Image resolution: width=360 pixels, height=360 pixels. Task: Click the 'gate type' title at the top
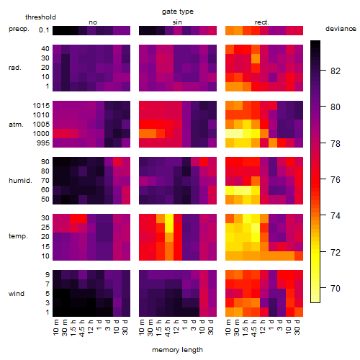point(178,12)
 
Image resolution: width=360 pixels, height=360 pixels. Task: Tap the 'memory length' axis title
point(177,350)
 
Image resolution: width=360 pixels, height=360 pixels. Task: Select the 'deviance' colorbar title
point(341,29)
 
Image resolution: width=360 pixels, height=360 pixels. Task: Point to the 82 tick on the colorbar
point(323,71)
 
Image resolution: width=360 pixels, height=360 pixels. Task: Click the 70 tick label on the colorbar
point(336,288)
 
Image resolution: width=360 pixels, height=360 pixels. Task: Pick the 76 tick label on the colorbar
point(336,179)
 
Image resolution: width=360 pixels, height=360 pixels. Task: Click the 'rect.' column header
point(262,22)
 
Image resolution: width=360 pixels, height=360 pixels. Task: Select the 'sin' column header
point(177,22)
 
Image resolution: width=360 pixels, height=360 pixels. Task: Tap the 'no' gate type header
point(93,22)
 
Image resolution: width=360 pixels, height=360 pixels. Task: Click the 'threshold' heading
point(40,17)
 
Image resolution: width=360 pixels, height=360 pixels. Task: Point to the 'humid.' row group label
point(20,181)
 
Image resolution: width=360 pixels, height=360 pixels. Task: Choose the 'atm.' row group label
point(16,125)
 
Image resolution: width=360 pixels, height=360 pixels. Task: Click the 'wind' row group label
point(17,294)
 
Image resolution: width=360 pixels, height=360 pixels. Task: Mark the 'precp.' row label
point(19,29)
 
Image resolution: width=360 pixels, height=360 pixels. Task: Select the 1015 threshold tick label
point(41,106)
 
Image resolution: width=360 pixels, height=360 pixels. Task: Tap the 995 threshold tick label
point(43,143)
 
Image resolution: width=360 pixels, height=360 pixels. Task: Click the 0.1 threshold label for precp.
point(44,30)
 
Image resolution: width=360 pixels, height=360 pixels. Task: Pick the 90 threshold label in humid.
point(45,162)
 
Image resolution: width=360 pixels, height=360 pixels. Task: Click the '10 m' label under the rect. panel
point(228,327)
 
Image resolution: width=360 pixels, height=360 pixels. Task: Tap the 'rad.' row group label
point(15,68)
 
